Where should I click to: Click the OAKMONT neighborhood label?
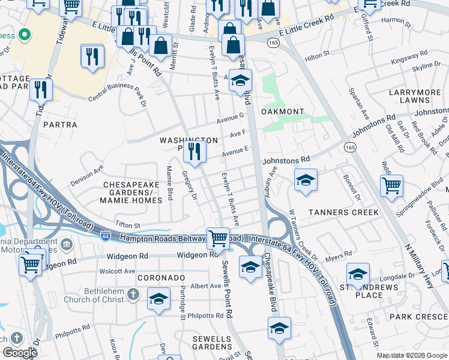coord(282,112)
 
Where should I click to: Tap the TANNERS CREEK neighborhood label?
coord(343,212)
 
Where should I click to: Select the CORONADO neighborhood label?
coord(161,278)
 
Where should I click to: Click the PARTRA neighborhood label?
coord(60,125)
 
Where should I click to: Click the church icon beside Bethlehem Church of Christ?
coord(134,294)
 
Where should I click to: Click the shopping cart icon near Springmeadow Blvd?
coord(391,185)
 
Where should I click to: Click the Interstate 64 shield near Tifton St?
coord(106,236)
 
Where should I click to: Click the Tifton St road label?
coord(127,225)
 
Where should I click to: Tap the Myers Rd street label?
coord(338,257)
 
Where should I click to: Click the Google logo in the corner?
coord(20,353)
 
